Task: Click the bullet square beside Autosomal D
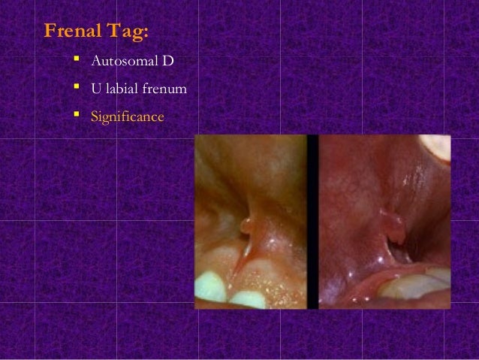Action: coord(77,58)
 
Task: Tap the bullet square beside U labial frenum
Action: coord(77,88)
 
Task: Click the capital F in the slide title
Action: coord(50,32)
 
